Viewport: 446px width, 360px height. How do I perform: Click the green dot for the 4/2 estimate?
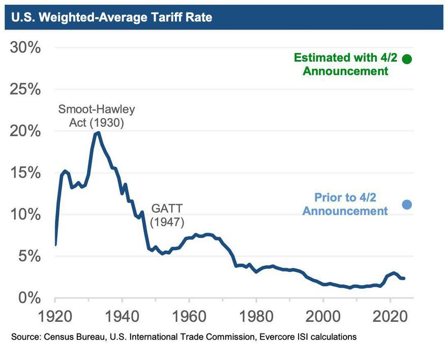pos(407,59)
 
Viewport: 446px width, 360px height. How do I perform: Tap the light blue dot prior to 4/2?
pos(407,204)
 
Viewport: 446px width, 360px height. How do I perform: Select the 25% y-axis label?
pos(25,89)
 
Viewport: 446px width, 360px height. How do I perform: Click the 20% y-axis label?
pos(25,131)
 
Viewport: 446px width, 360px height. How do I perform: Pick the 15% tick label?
pos(25,173)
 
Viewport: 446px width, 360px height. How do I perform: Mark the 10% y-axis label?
pos(25,215)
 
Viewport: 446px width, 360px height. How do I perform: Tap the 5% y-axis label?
pos(29,256)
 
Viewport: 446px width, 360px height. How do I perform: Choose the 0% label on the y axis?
pos(29,297)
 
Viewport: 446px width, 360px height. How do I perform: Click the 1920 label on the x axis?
pos(54,316)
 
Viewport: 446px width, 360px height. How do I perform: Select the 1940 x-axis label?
pos(122,316)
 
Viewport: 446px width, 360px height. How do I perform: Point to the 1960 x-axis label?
pos(189,316)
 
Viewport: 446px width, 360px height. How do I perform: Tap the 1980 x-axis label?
pos(256,316)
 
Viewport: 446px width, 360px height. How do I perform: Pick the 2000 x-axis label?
pos(323,316)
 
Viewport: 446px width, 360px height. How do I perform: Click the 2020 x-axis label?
pos(390,316)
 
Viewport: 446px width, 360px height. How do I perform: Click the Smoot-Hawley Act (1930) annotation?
pos(97,116)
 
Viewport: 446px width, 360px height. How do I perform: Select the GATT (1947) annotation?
pos(166,215)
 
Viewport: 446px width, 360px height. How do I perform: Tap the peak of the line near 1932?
pos(98,132)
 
